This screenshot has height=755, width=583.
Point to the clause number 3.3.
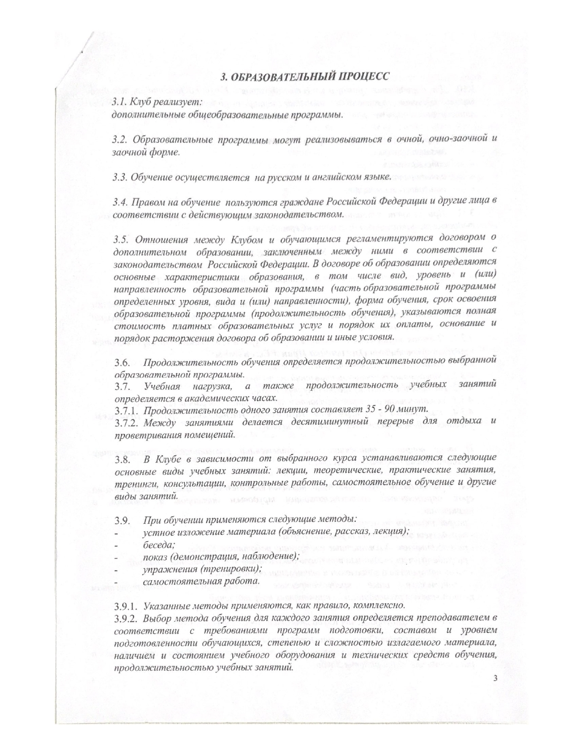click(120, 177)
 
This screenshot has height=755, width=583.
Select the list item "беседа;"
click(159, 545)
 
